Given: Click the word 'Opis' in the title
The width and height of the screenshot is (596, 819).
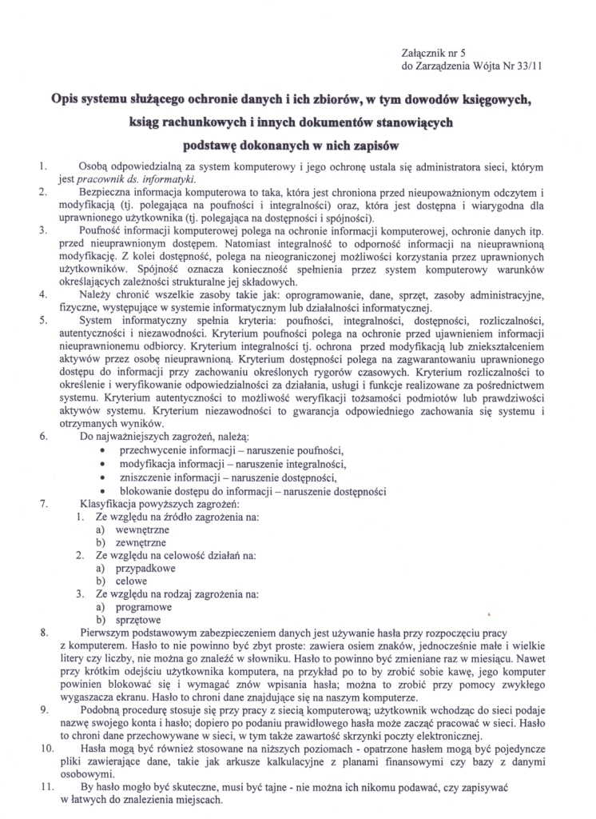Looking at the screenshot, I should (46, 101).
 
